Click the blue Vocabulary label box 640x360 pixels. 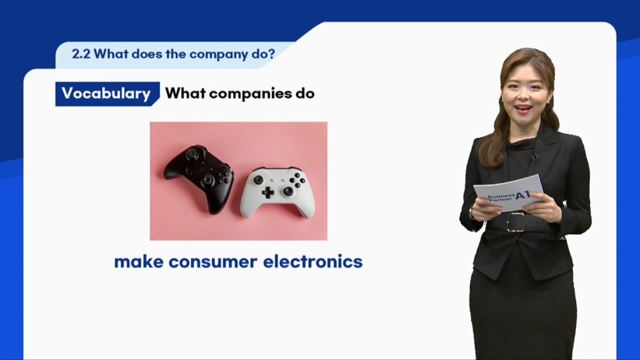pos(108,94)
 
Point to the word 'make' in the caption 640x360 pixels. pos(139,262)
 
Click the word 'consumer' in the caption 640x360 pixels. pos(213,263)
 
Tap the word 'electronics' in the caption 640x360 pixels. pos(313,262)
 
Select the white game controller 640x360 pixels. pos(278,192)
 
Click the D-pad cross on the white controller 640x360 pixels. pos(267,192)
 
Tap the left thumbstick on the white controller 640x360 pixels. pos(258,179)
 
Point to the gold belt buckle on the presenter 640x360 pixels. pos(514,222)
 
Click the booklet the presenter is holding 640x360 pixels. pos(508,193)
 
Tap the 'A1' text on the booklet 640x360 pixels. pos(523,195)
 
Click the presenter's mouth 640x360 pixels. pos(523,109)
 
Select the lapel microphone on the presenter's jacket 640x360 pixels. pos(534,156)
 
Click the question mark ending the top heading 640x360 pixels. pos(272,54)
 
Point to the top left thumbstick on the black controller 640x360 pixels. pos(193,154)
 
